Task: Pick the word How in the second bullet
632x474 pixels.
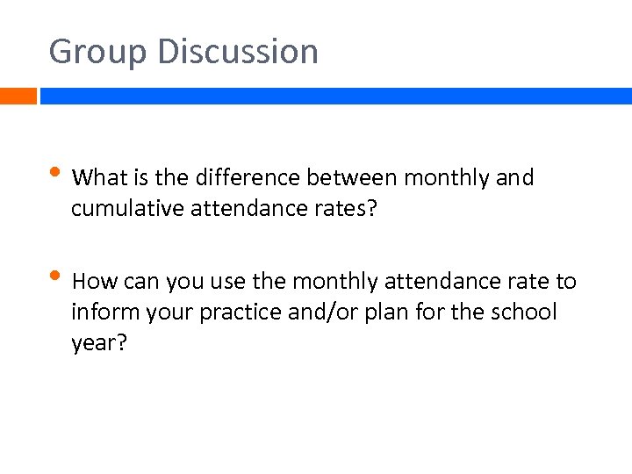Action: coord(95,282)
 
